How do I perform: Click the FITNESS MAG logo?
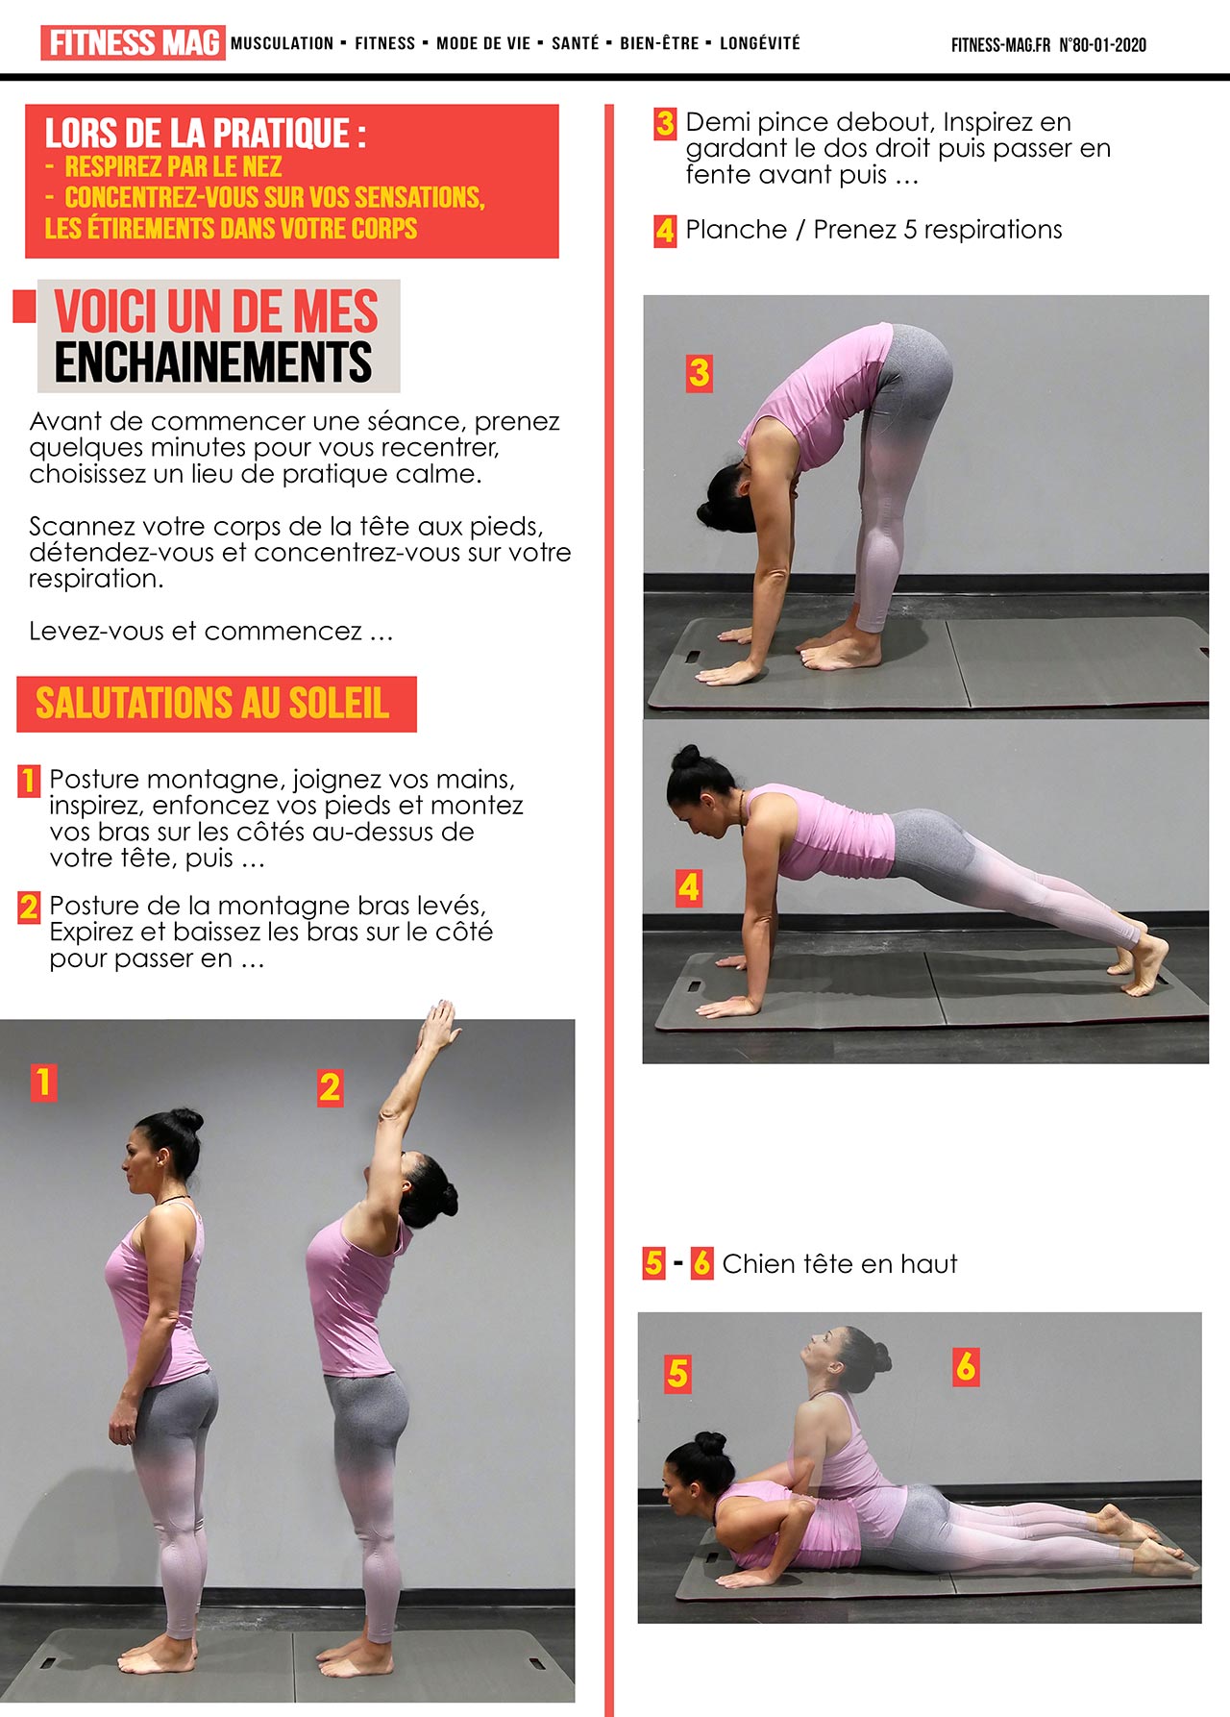(x=133, y=43)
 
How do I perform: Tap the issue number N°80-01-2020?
(x=1102, y=44)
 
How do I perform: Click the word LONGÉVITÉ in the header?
(x=759, y=43)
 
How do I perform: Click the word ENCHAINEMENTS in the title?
(x=212, y=362)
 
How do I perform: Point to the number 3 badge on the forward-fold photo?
(x=700, y=373)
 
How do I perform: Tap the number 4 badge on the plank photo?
(x=689, y=887)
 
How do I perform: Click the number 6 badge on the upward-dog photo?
(x=966, y=1366)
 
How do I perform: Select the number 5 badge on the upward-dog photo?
(x=677, y=1374)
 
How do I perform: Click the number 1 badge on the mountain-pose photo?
(x=43, y=1082)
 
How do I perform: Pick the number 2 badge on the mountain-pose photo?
(x=330, y=1088)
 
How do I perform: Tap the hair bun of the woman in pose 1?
(x=185, y=1120)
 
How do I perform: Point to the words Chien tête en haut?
(x=840, y=1263)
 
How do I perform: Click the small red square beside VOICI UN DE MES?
(x=24, y=306)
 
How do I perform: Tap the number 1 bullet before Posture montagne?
(x=29, y=780)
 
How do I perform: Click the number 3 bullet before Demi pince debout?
(x=665, y=124)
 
